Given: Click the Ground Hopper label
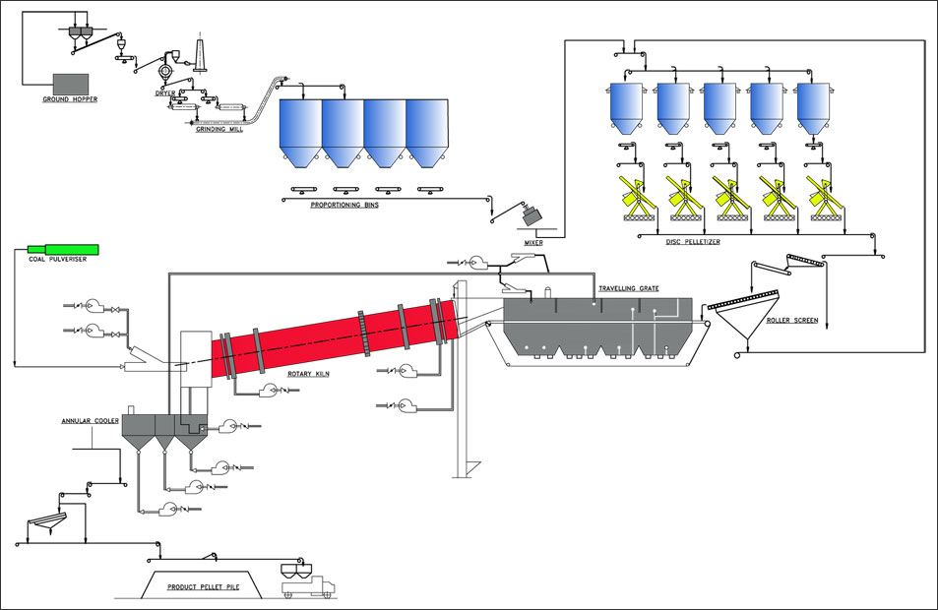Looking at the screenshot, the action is tap(70, 99).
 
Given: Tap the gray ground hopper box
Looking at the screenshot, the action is tap(71, 85).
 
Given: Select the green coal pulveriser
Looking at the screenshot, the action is tap(63, 249).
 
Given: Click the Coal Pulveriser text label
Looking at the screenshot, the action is tap(58, 260).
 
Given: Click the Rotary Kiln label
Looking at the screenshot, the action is tap(309, 375).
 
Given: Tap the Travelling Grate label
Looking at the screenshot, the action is tap(629, 288).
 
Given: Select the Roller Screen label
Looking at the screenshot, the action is tap(792, 321).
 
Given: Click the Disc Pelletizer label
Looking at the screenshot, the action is tap(693, 242).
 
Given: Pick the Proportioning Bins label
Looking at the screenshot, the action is tap(344, 205).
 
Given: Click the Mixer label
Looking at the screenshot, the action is tap(533, 243).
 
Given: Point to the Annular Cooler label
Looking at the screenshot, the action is tap(91, 421).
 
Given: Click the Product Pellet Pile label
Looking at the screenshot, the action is tap(204, 587).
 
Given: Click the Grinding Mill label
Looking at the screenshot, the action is tap(219, 129).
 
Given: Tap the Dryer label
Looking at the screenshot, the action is tap(165, 93).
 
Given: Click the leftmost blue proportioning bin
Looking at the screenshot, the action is tap(301, 134).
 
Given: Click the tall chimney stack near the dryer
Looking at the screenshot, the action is tap(201, 56).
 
